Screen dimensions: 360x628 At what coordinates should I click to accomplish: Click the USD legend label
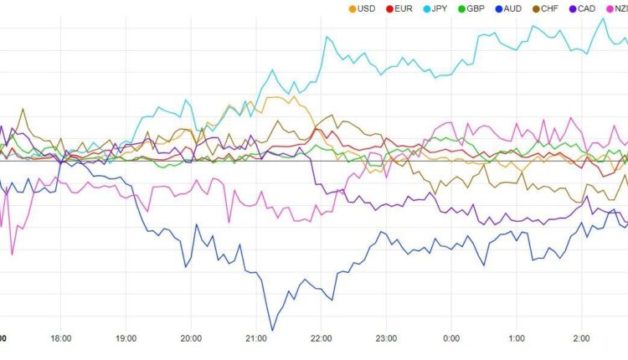pos(365,9)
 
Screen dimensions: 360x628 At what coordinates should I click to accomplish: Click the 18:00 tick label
pos(60,339)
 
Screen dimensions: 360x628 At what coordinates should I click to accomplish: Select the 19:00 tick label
pos(126,339)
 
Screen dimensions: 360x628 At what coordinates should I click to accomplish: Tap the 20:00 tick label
pos(191,339)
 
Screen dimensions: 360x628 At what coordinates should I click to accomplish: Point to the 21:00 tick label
pos(256,339)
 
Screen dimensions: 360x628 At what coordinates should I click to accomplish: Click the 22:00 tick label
pos(322,339)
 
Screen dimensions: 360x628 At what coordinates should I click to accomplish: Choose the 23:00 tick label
pos(386,339)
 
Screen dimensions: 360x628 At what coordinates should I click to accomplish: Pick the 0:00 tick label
pos(451,339)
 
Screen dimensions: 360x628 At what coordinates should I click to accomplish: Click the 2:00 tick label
pos(582,339)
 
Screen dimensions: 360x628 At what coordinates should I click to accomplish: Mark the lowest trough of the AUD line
pos(272,330)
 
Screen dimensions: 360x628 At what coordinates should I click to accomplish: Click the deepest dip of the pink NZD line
pos(12,254)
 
